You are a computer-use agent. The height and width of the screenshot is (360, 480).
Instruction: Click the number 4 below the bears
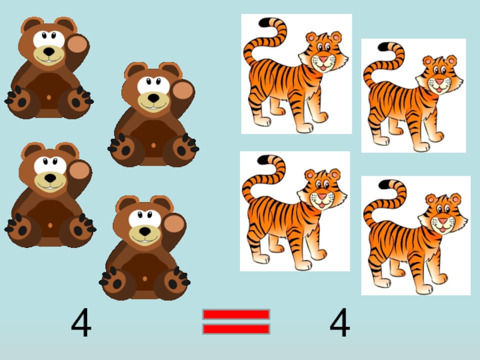pyautogui.click(x=81, y=322)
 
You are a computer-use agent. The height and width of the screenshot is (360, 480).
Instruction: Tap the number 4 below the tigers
pyautogui.click(x=340, y=322)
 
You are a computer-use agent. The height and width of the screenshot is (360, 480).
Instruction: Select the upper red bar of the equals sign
pyautogui.click(x=236, y=314)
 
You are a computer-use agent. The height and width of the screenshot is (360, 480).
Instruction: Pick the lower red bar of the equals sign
pyautogui.click(x=236, y=329)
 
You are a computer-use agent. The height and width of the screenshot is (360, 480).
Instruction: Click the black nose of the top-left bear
pyautogui.click(x=49, y=52)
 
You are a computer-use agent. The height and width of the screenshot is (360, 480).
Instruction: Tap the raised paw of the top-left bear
pyautogui.click(x=77, y=44)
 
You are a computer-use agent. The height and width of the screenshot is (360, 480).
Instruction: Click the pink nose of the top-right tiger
pyautogui.click(x=440, y=82)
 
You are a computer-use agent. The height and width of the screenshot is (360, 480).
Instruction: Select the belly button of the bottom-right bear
pyautogui.click(x=145, y=279)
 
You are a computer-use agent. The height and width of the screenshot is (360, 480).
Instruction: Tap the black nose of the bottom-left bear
pyautogui.click(x=50, y=178)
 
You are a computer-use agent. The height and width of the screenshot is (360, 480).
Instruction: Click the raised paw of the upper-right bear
pyautogui.click(x=182, y=91)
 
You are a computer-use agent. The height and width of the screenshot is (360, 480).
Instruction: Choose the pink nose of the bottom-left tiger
pyautogui.click(x=322, y=196)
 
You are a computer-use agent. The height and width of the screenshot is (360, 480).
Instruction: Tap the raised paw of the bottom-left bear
pyautogui.click(x=79, y=171)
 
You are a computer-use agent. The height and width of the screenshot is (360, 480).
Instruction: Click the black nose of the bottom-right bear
pyautogui.click(x=145, y=231)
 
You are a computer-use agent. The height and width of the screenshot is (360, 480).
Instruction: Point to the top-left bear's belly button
pyautogui.click(x=49, y=98)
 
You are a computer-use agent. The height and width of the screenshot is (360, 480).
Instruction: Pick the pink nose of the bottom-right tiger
pyautogui.click(x=443, y=221)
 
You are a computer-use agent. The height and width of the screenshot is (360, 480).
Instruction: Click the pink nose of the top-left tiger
pyautogui.click(x=323, y=58)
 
